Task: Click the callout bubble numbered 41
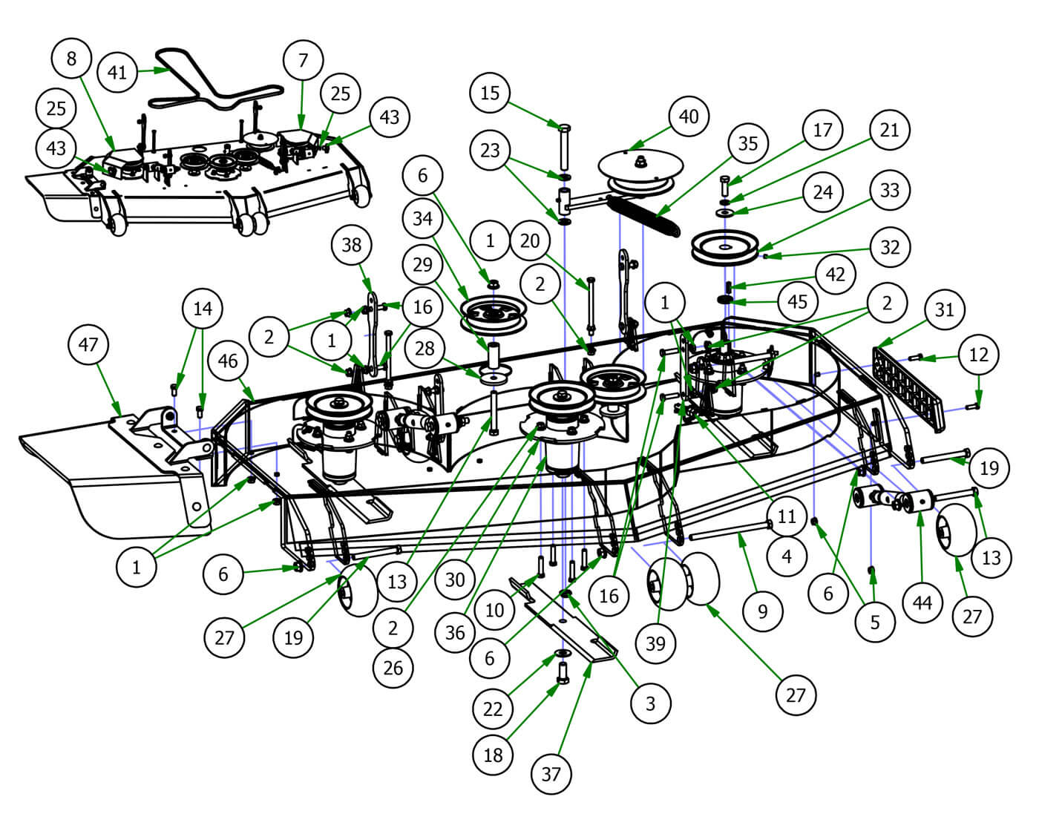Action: tap(118, 72)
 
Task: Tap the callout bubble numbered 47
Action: tap(88, 345)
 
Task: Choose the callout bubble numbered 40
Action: tap(689, 116)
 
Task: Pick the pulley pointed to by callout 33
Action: tap(723, 249)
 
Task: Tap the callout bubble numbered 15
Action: tap(490, 93)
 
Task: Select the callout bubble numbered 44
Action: tap(922, 603)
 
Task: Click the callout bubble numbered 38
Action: tap(352, 244)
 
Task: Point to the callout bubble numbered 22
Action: tap(493, 709)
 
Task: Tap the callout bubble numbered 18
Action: tap(493, 755)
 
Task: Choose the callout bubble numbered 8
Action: tap(72, 59)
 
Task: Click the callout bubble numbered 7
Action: tap(303, 60)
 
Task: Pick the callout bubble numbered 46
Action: tap(228, 361)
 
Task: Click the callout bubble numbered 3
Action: tap(651, 703)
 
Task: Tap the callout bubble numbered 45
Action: tap(797, 302)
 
